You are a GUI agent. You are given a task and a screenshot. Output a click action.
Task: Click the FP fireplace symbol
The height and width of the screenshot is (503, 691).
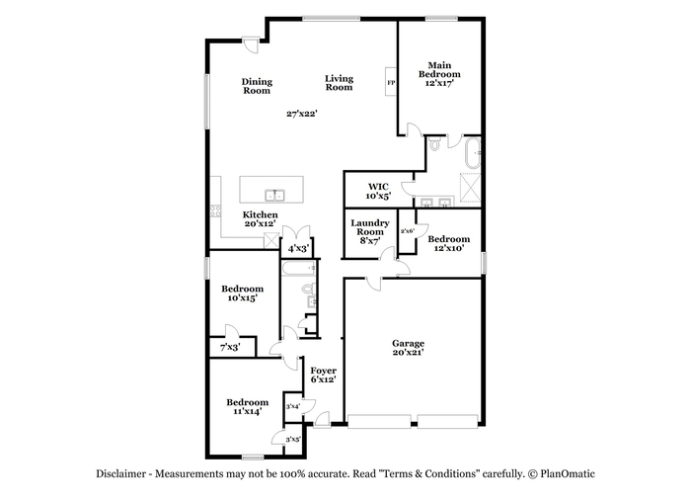click(x=391, y=82)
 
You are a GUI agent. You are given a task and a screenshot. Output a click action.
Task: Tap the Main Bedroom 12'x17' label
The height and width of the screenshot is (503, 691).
click(x=439, y=74)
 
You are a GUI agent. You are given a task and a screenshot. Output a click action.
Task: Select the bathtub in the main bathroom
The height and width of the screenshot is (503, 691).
click(x=473, y=153)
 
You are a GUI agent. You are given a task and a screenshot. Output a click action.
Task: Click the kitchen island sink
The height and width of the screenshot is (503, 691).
click(x=274, y=195)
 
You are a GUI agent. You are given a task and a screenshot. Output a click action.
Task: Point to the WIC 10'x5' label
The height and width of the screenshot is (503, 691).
click(x=378, y=192)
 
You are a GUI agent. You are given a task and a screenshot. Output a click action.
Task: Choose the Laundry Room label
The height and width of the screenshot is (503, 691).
click(x=370, y=227)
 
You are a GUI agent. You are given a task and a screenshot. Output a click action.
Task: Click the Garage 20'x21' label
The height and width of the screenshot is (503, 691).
click(x=408, y=348)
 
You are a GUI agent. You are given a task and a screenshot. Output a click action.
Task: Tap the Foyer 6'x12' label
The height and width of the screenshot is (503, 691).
click(x=323, y=376)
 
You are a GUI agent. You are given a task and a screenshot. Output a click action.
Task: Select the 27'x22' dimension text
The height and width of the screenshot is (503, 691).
click(x=302, y=114)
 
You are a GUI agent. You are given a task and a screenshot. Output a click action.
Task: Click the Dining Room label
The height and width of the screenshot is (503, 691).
click(x=257, y=86)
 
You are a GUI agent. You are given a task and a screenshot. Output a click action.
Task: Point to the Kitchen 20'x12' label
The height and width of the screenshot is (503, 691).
click(x=260, y=219)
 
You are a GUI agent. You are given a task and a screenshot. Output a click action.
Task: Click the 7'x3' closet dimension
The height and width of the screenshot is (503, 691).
click(x=230, y=348)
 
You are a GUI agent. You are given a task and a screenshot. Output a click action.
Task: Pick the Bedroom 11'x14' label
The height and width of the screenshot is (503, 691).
click(x=247, y=407)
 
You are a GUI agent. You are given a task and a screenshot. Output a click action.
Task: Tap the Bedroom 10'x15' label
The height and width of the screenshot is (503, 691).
click(x=243, y=293)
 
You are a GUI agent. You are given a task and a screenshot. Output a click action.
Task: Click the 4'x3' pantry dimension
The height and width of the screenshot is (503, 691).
click(x=298, y=248)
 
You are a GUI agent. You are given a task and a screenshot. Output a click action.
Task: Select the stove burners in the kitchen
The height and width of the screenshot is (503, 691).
click(x=215, y=210)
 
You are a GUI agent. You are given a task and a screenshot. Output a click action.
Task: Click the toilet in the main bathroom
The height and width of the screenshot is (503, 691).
click(x=435, y=144)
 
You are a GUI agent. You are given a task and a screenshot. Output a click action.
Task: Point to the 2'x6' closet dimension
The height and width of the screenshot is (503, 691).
click(x=407, y=231)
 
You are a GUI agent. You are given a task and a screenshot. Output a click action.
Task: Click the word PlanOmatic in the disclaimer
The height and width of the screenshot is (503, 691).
click(x=568, y=474)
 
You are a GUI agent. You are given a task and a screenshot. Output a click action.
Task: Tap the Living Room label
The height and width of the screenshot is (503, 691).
click(x=339, y=83)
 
